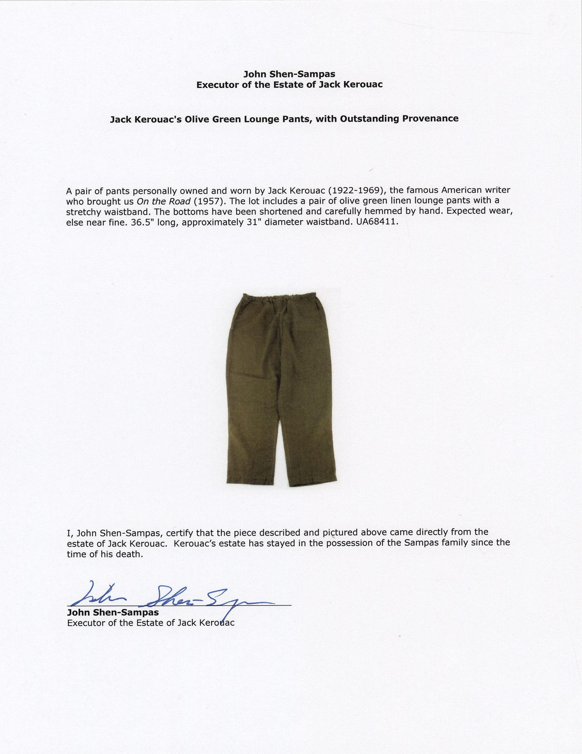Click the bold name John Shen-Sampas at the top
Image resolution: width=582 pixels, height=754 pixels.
[289, 75]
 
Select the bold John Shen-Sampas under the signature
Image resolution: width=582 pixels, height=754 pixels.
[113, 612]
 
